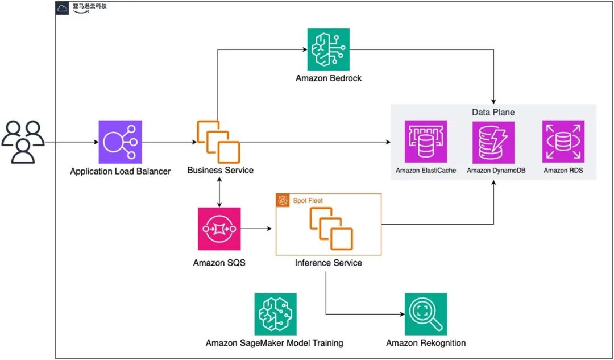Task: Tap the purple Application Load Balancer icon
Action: click(x=120, y=142)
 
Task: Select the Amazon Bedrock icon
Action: click(x=329, y=50)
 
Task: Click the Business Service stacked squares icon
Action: click(x=218, y=142)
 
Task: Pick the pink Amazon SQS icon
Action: click(x=219, y=229)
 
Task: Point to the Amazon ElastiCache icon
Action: click(x=426, y=142)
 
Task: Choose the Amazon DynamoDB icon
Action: click(x=493, y=142)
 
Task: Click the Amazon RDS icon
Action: click(x=563, y=142)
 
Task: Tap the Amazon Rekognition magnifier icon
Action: click(x=426, y=314)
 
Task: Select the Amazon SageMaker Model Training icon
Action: click(x=275, y=314)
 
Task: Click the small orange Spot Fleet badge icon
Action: click(x=283, y=200)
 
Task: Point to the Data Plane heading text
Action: click(x=493, y=113)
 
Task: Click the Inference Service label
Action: click(x=328, y=263)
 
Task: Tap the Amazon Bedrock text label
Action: click(x=329, y=78)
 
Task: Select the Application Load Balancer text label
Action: click(x=120, y=171)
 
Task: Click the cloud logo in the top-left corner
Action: click(x=63, y=8)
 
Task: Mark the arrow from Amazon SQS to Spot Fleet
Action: click(x=255, y=229)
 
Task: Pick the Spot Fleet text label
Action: click(x=308, y=201)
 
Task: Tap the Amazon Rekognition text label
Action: click(x=426, y=343)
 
